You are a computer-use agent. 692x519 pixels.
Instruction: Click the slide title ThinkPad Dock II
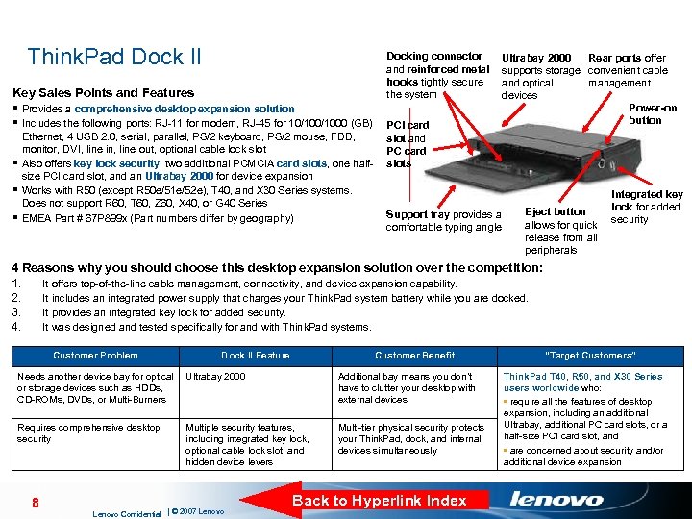point(114,57)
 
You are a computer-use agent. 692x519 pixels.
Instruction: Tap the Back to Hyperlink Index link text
point(379,500)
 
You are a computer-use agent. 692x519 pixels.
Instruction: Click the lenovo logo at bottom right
point(557,499)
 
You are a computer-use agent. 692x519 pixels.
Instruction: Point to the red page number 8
point(35,502)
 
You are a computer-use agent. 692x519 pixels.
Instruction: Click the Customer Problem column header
point(95,356)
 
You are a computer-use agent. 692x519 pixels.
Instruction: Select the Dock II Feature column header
point(255,356)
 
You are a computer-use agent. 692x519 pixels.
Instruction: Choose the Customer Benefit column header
point(415,356)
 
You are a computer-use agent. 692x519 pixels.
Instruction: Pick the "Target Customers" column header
point(590,356)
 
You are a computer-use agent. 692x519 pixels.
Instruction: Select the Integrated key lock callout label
point(646,207)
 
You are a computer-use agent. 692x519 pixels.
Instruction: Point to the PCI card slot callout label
point(407,144)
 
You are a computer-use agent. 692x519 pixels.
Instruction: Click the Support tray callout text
point(443,221)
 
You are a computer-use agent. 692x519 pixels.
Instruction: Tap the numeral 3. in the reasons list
point(15,312)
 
